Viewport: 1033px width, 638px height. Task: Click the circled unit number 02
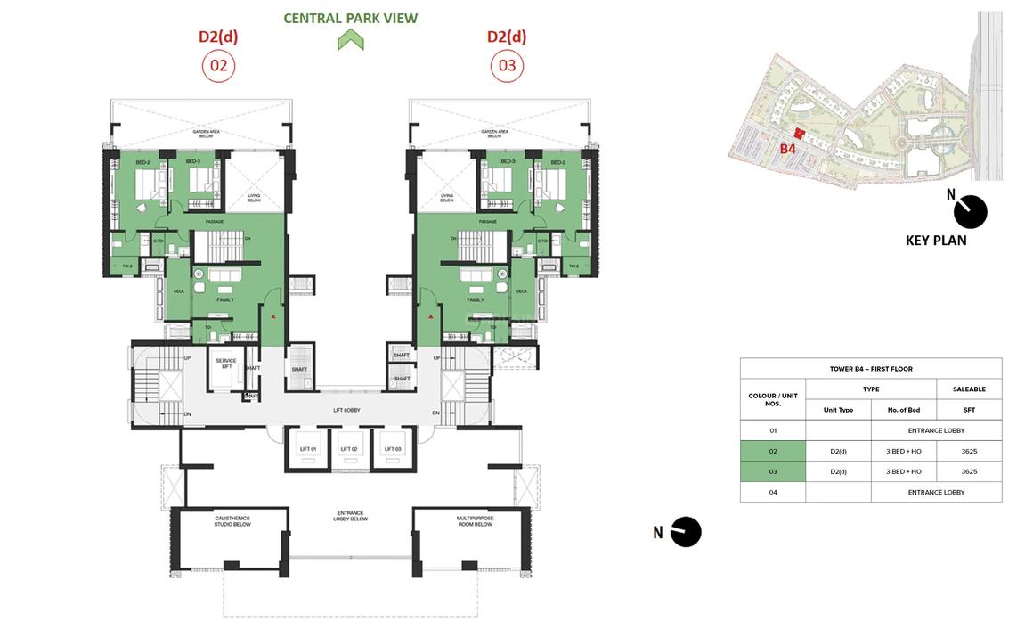pyautogui.click(x=218, y=66)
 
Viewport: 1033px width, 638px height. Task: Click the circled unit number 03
pyautogui.click(x=507, y=66)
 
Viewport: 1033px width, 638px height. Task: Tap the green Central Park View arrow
pyautogui.click(x=351, y=40)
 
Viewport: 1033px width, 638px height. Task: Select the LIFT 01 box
pyautogui.click(x=305, y=449)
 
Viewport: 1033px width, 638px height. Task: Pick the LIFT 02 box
pyautogui.click(x=348, y=449)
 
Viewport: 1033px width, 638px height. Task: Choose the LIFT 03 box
pyautogui.click(x=393, y=449)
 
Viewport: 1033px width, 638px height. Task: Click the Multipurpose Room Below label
pyautogui.click(x=474, y=521)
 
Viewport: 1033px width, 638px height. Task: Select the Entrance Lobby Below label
pyautogui.click(x=352, y=515)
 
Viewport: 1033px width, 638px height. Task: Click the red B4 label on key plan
pyautogui.click(x=787, y=149)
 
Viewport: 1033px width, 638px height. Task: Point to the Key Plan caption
pyautogui.click(x=935, y=241)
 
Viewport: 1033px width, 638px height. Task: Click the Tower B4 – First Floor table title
pyautogui.click(x=870, y=369)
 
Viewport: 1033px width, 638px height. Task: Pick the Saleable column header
pyautogui.click(x=969, y=389)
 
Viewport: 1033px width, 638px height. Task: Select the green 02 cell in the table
pyautogui.click(x=773, y=451)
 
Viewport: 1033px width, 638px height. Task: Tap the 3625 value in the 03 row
pyautogui.click(x=969, y=471)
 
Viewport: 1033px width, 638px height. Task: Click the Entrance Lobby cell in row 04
pyautogui.click(x=936, y=492)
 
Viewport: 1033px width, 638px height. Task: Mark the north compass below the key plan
pyautogui.click(x=971, y=212)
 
